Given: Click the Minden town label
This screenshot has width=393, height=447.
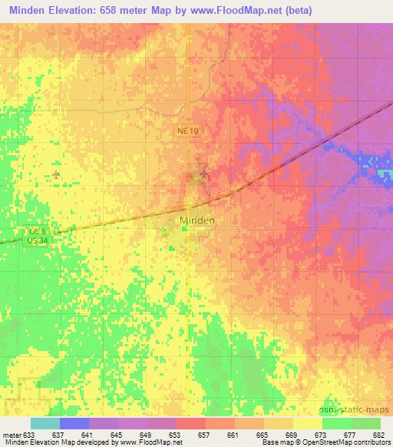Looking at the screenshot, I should pos(196,220).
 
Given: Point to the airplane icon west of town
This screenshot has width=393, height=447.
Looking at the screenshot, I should pos(56,175).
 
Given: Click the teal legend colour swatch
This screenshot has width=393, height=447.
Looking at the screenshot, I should pos(45,423).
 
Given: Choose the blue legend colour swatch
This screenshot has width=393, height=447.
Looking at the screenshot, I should pos(74,423).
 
